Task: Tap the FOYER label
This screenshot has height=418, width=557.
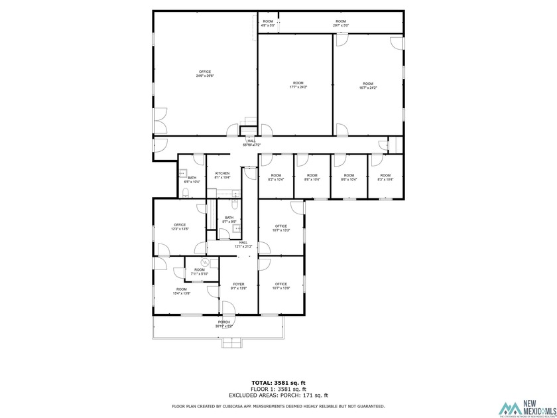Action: click(x=239, y=287)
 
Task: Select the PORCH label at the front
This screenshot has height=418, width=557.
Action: click(x=224, y=324)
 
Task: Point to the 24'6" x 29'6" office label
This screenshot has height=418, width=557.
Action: click(x=205, y=74)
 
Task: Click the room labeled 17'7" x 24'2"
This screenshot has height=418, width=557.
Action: click(x=298, y=85)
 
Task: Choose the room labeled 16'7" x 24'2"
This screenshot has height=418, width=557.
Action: click(x=368, y=85)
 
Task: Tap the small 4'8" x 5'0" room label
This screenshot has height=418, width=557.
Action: click(x=268, y=23)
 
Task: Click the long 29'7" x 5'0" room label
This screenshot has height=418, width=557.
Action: click(x=341, y=23)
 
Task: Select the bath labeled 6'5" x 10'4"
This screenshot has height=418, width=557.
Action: click(x=192, y=179)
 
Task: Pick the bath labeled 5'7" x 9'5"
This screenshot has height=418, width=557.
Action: click(x=229, y=220)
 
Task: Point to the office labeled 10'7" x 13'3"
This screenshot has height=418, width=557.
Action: click(x=281, y=228)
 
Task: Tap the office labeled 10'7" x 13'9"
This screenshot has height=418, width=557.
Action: click(x=281, y=286)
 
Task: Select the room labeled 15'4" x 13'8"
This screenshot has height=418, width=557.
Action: click(x=181, y=291)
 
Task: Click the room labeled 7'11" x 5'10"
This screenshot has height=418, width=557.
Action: click(x=200, y=271)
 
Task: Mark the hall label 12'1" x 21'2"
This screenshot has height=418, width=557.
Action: click(x=243, y=244)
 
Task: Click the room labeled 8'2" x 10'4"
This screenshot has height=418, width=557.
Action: click(x=275, y=177)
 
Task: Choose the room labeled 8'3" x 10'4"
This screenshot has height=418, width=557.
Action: click(x=385, y=177)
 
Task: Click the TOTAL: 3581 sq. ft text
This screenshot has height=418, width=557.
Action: click(x=278, y=383)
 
